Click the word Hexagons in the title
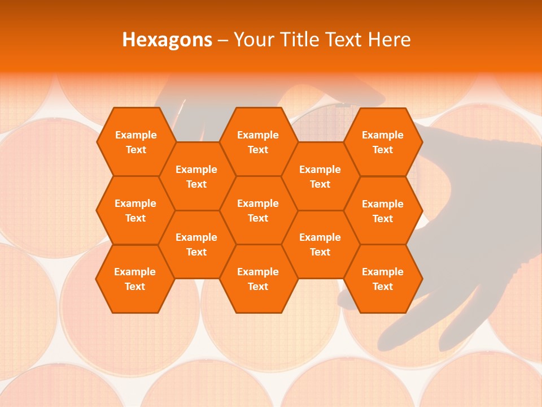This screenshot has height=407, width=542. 167,40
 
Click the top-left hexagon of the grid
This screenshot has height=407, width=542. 135,142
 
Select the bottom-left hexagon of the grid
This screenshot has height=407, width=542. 135,279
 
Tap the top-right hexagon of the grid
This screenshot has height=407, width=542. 383,142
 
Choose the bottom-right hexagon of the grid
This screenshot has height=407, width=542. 383,279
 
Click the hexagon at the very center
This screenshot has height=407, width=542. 258,210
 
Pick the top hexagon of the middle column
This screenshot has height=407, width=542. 258,142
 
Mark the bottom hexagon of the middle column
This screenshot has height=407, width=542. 258,279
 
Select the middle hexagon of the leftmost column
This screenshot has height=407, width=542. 135,210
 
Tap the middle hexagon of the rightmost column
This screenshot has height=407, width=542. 383,211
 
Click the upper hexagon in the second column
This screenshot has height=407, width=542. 196,176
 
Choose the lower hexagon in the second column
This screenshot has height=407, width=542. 196,244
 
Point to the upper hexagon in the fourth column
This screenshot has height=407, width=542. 320,176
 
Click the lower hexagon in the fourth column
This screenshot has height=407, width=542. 320,244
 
